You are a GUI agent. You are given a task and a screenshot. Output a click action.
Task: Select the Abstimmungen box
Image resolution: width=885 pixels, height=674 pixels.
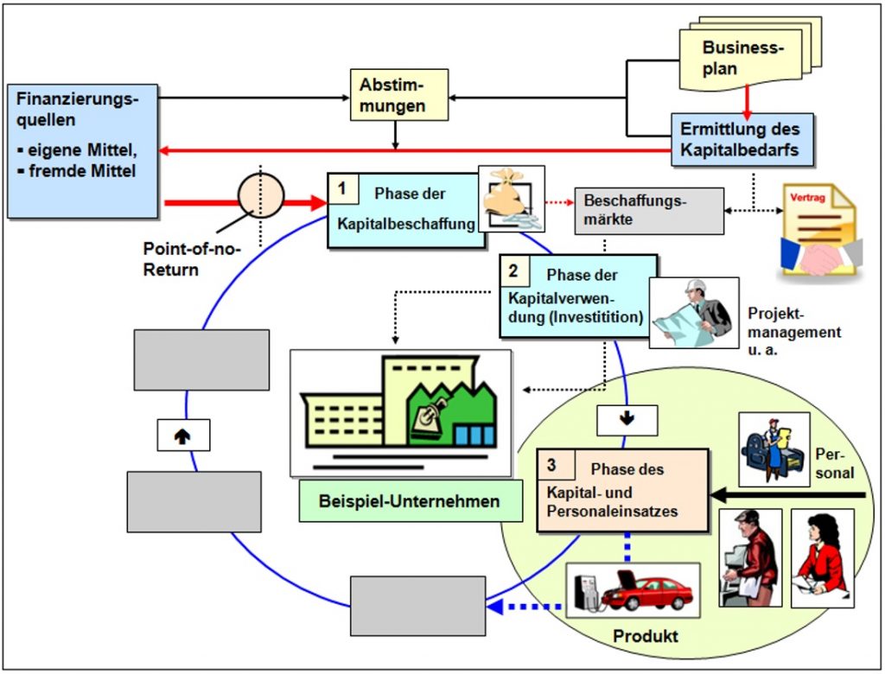[399, 95]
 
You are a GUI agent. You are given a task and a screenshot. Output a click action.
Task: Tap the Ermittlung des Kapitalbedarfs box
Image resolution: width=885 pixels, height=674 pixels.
[742, 139]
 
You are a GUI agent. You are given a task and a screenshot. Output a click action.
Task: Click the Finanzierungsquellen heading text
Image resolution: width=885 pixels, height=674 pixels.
[77, 109]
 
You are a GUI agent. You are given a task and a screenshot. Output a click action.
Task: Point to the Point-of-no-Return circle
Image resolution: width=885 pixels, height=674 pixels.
[260, 195]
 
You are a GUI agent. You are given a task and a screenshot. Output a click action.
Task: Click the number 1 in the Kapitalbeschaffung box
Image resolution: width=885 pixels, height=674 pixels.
[342, 188]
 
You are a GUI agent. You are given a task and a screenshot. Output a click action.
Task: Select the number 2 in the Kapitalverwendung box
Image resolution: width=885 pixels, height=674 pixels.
[513, 270]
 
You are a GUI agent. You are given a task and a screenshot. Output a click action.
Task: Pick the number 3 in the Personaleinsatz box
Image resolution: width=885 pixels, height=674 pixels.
[551, 465]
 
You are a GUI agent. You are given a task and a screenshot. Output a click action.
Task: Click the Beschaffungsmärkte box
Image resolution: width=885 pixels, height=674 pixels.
[649, 211]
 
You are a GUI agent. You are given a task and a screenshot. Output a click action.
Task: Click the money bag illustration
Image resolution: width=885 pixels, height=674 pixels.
[512, 199]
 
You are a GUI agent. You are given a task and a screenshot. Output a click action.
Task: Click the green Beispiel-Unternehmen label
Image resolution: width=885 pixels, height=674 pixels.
[411, 500]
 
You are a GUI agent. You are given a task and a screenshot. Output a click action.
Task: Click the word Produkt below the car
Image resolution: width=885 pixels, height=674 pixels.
[646, 636]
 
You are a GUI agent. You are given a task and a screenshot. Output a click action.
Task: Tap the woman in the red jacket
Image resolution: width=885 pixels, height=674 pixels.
[823, 557]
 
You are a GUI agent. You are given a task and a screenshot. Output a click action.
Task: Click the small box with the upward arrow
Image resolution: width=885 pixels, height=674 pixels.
[183, 436]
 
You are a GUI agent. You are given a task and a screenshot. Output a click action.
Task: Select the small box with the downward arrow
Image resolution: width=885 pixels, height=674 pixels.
[627, 420]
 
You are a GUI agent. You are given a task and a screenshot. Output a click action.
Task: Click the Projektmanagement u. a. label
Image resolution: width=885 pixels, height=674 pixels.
[794, 331]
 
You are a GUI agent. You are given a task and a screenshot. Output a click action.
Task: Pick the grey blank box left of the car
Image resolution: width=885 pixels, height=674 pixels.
[417, 607]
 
